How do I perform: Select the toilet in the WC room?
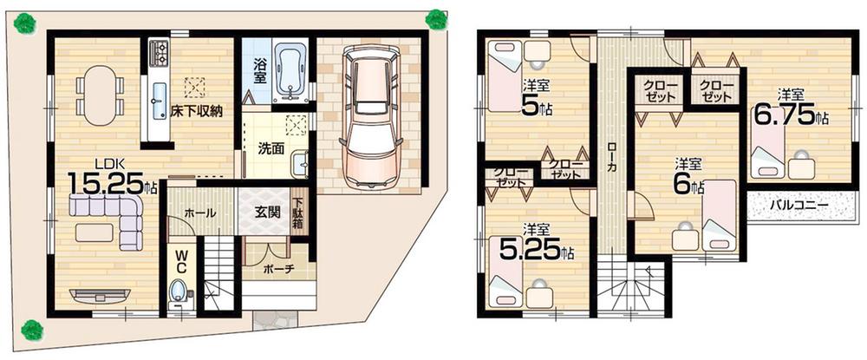coord(179,289)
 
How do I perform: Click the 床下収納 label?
coord(197,110)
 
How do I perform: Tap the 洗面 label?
coord(271,147)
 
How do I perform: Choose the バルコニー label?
coord(798,206)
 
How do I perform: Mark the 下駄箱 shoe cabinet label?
coord(297,213)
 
